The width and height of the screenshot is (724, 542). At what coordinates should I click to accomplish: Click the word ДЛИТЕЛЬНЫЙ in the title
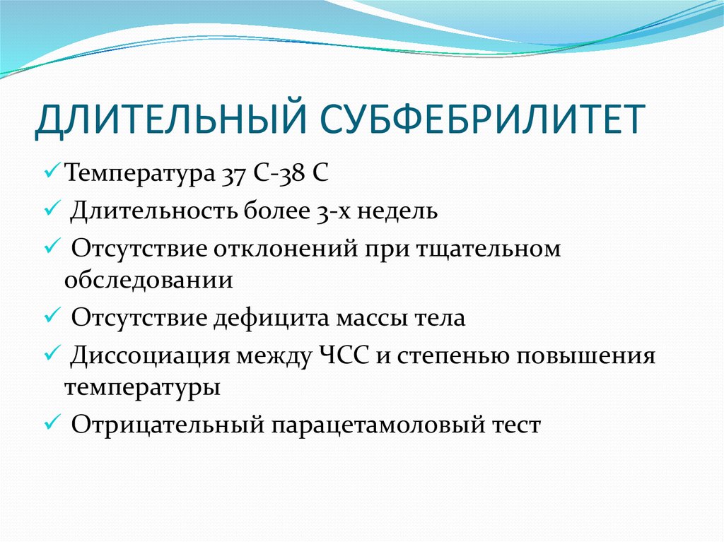click(x=171, y=119)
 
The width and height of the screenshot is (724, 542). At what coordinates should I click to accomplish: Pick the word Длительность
click(x=154, y=211)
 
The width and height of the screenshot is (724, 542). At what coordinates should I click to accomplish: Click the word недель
click(x=397, y=212)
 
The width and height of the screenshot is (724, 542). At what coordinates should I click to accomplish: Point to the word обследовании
click(x=148, y=280)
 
